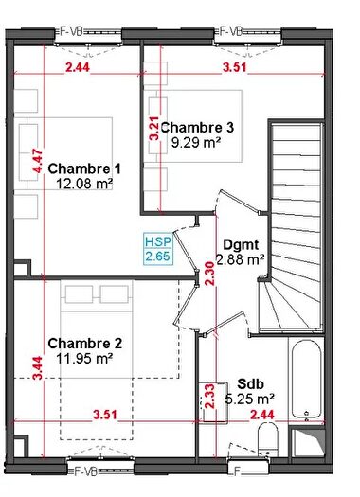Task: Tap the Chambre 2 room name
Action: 82,343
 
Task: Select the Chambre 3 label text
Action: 197,126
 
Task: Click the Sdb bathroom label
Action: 250,383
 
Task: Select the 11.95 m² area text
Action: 83,359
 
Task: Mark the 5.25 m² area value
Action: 250,399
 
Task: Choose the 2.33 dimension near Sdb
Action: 209,396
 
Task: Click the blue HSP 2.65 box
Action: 156,248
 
